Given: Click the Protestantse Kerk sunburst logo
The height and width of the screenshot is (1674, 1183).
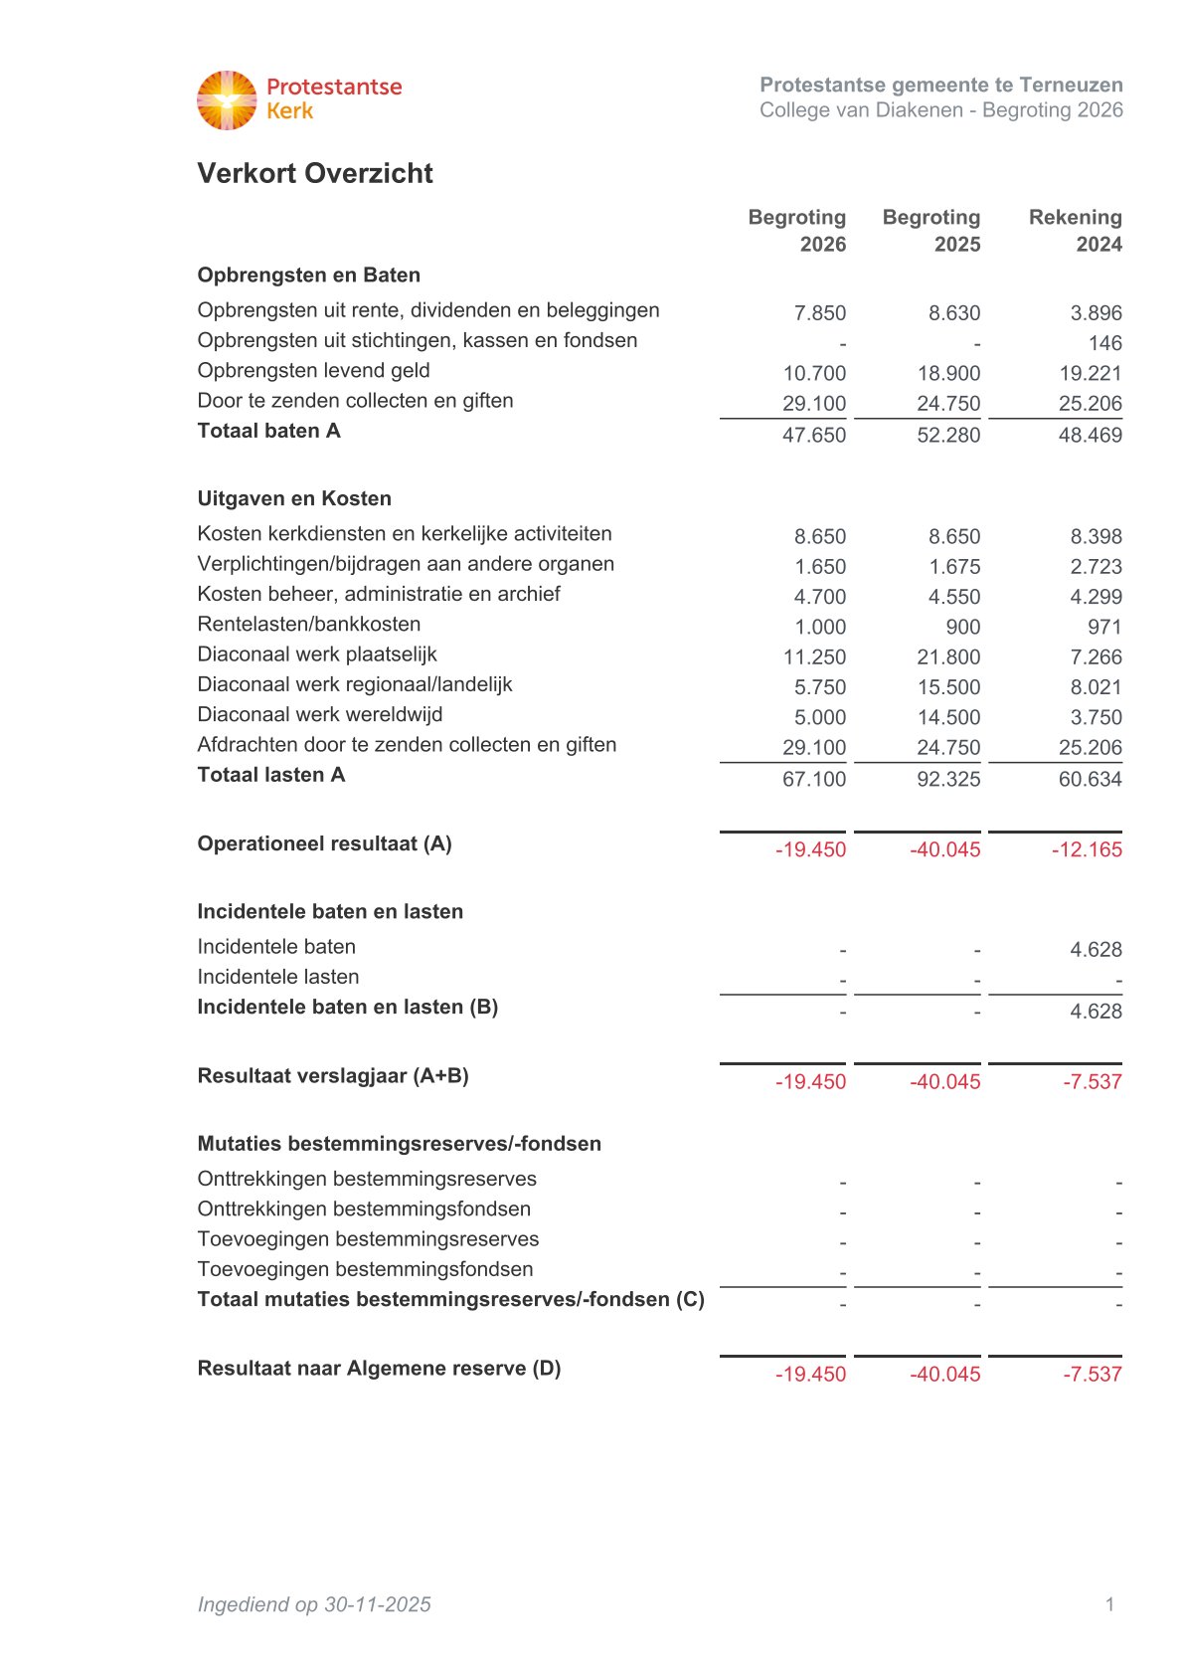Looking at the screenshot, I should click(227, 100).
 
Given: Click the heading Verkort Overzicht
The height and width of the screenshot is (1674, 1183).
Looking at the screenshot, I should click(314, 173).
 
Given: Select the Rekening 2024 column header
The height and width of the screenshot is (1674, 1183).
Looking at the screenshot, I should click(1075, 231).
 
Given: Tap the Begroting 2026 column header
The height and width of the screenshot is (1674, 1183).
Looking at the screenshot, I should click(796, 231).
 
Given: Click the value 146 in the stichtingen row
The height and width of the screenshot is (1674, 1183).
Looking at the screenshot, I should click(1104, 343).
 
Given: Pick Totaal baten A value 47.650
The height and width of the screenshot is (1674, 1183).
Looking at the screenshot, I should click(813, 435).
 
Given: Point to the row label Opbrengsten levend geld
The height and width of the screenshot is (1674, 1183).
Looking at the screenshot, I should click(313, 371).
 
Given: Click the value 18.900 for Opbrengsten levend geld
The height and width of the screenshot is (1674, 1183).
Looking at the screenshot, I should click(948, 373).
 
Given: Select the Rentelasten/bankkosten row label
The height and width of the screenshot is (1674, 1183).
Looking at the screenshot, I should click(308, 625).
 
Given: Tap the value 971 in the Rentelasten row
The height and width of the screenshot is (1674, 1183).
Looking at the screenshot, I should click(1104, 627).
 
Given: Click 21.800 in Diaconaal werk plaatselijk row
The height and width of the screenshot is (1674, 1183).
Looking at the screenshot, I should click(948, 657).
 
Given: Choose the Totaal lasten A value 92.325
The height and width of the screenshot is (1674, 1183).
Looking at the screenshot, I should click(948, 779).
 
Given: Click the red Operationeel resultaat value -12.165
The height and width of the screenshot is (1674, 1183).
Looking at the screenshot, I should click(1087, 849).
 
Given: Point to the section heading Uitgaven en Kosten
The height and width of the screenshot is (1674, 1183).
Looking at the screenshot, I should click(294, 498).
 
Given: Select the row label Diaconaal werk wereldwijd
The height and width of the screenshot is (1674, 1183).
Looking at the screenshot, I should click(319, 715).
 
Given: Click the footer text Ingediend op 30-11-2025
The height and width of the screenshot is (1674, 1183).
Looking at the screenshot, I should click(314, 1603).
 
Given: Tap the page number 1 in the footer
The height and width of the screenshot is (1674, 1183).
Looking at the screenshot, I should click(1109, 1603).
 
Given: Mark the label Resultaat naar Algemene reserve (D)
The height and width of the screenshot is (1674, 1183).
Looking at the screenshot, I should click(379, 1369).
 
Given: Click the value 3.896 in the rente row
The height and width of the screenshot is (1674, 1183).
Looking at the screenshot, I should click(1096, 313).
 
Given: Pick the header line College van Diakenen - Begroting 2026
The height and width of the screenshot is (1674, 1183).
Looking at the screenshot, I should click(940, 110).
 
